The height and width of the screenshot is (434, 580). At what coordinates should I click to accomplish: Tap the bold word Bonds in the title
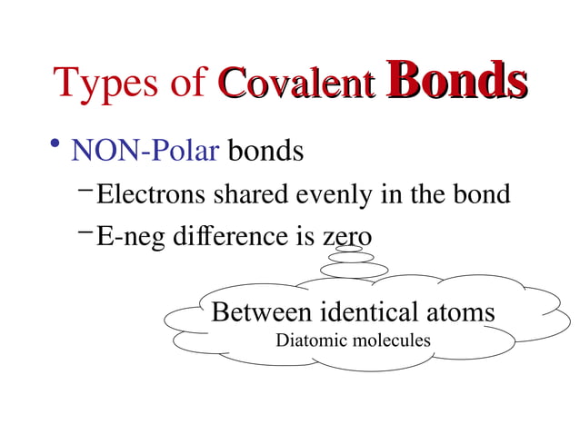click(x=457, y=81)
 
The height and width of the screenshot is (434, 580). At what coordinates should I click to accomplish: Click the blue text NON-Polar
click(x=145, y=150)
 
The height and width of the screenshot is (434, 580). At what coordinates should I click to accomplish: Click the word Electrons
click(x=152, y=194)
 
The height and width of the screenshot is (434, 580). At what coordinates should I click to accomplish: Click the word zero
click(x=346, y=238)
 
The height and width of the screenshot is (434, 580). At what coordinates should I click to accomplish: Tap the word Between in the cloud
click(x=259, y=312)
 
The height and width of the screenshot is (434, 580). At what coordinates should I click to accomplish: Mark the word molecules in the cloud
click(x=390, y=341)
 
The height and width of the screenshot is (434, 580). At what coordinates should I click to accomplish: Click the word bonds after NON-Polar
click(x=265, y=150)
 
